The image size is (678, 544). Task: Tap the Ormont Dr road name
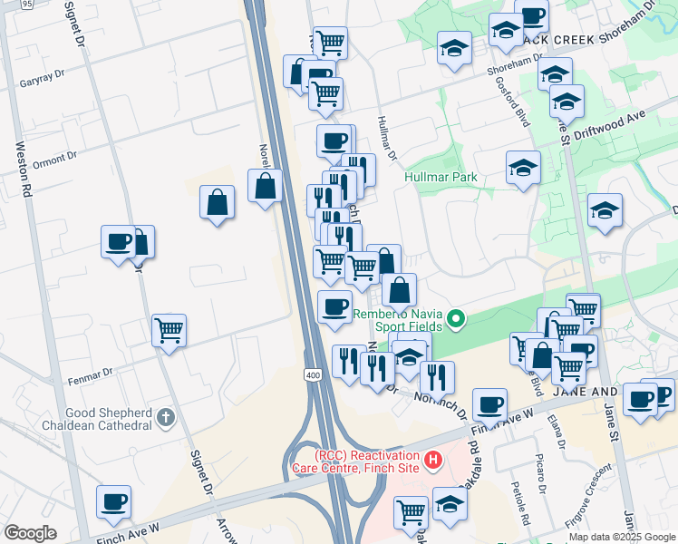pos(55,160)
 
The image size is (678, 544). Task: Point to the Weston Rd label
pos(25,169)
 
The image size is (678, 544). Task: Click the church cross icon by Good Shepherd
pos(164,418)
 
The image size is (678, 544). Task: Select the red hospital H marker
pos(433,461)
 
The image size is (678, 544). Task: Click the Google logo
pos(30,533)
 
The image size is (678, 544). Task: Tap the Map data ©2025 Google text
pos(621,537)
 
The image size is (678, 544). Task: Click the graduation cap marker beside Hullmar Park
pos(523,168)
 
